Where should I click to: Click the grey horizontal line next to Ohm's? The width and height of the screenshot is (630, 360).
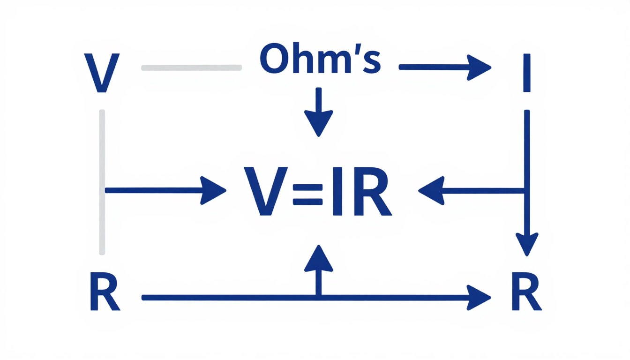point(191,68)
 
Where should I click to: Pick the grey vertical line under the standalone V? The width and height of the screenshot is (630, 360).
point(102,183)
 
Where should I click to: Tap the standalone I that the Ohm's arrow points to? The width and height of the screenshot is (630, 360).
point(527,73)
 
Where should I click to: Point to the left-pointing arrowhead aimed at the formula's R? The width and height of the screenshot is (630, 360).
point(430,190)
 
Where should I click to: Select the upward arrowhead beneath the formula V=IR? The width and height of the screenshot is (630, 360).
point(319,258)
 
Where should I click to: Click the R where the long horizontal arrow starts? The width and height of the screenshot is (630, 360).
point(105,294)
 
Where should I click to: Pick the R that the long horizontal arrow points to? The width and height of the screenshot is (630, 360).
point(527,294)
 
